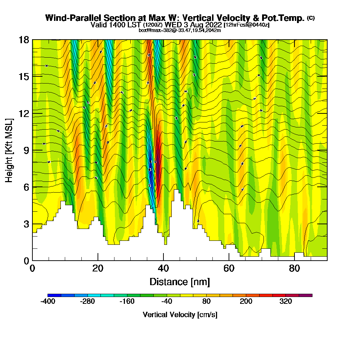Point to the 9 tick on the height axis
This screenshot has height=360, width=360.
(26, 150)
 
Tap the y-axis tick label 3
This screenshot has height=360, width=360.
(26, 224)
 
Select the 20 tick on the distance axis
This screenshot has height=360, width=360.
(98, 268)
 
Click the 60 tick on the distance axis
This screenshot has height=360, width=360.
(229, 268)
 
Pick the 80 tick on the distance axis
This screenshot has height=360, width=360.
(294, 268)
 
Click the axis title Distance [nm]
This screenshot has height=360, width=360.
(180, 282)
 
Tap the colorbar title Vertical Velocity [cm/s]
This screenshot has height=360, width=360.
(180, 315)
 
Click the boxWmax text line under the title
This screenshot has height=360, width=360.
(180, 30)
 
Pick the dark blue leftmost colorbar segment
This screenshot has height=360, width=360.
(54, 295)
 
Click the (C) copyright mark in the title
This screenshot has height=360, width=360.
(311, 18)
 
